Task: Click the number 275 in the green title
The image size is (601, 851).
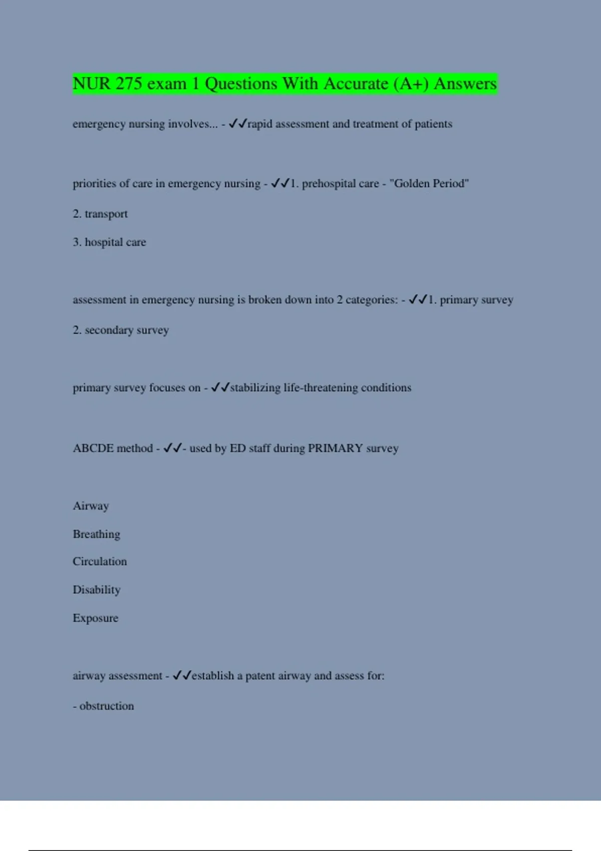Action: (x=129, y=84)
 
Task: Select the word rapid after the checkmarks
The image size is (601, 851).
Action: (x=260, y=124)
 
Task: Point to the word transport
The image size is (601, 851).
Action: (x=106, y=214)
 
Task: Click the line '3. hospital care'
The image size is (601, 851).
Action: (x=109, y=242)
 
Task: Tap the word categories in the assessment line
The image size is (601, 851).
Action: (x=371, y=300)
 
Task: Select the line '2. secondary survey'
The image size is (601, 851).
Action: (x=121, y=330)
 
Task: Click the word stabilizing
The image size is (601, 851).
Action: (x=255, y=388)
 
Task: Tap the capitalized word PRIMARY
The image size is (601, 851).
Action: (x=335, y=449)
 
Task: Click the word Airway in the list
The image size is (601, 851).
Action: (x=91, y=506)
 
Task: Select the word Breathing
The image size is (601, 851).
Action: (x=96, y=535)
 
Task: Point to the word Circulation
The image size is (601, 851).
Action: (x=100, y=562)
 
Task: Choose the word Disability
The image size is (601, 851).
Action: (x=97, y=590)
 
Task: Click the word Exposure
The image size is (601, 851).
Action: (x=96, y=618)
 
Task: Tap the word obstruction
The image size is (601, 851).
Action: (x=107, y=706)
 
